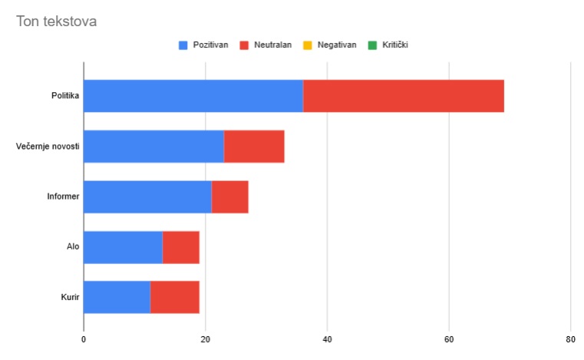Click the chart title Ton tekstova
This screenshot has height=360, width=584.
point(56,21)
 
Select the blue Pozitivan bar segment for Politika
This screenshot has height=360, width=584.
point(193,96)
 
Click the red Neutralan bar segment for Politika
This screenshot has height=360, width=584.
point(403,96)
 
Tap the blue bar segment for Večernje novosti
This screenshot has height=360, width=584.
point(153,146)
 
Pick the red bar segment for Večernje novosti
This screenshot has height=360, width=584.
point(254,146)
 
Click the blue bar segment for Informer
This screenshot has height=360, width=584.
point(147,197)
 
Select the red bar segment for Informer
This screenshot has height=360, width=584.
point(229,197)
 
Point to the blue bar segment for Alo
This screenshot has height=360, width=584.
point(123,247)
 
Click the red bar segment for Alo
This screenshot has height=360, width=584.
point(180,247)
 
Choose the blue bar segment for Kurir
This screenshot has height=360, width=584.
point(117,297)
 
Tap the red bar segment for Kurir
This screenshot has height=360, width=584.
point(174,297)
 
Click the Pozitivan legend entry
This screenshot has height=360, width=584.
point(203,45)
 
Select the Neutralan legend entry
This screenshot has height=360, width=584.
point(266,45)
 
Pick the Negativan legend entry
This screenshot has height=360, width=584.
point(331,45)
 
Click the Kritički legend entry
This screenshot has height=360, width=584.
point(389,45)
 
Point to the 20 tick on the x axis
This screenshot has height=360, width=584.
point(206,339)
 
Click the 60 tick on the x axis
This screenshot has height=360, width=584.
point(449,339)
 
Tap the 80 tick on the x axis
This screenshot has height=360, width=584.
point(570,339)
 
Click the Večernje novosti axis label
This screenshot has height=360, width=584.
point(48,146)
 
